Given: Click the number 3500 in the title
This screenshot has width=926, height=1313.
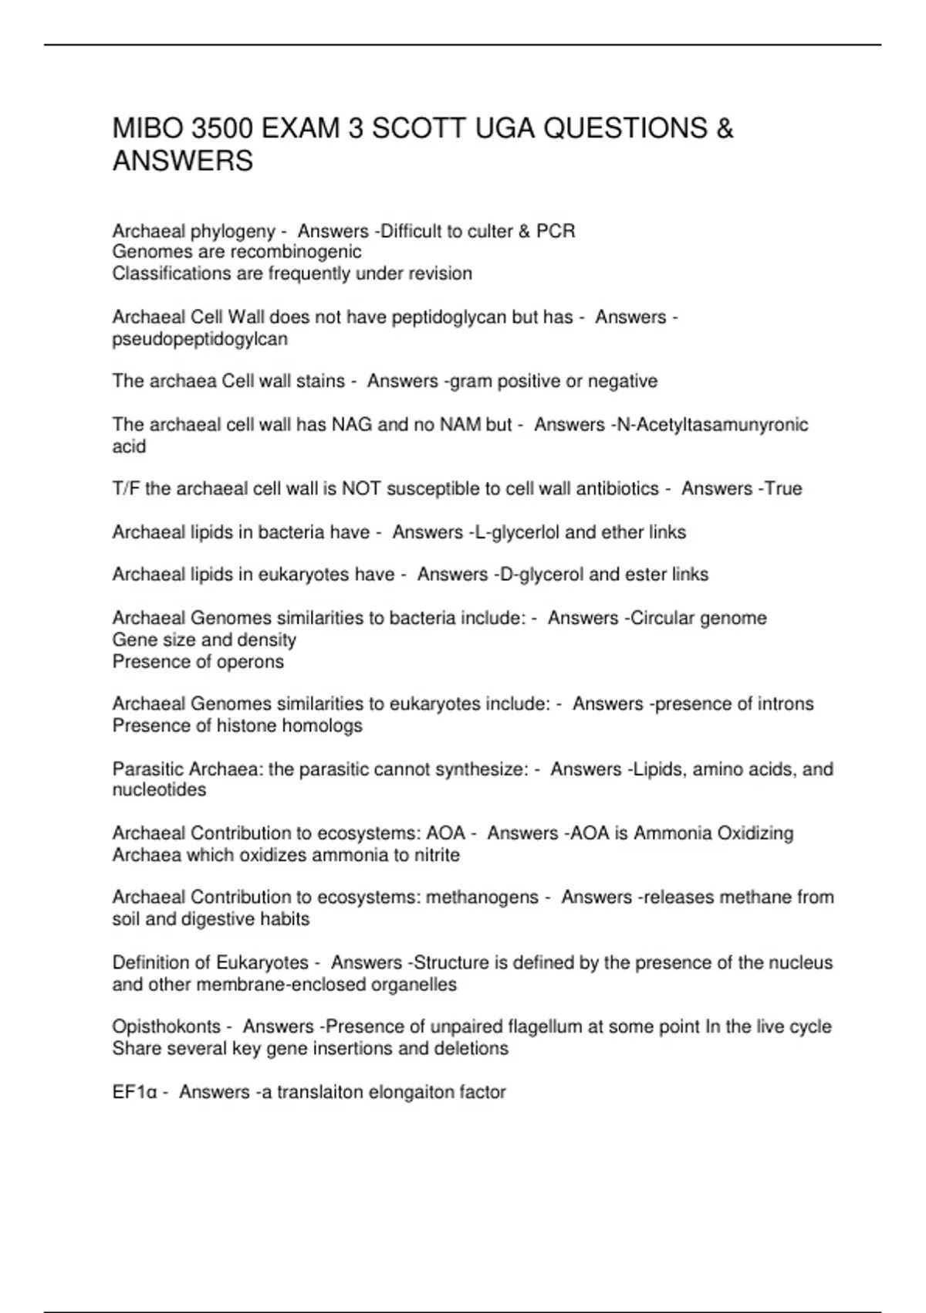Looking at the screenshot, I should [219, 128].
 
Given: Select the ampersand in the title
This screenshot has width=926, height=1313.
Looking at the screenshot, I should [725, 128].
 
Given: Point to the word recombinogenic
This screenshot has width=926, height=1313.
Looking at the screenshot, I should [296, 252].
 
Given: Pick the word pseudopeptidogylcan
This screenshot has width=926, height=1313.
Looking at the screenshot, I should [200, 339].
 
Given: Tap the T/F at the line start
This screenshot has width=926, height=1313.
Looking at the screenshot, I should [126, 489].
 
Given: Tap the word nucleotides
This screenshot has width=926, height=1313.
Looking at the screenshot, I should [159, 790].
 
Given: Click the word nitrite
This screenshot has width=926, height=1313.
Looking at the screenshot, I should [436, 855].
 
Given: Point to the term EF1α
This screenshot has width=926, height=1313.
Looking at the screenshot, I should [135, 1092].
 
